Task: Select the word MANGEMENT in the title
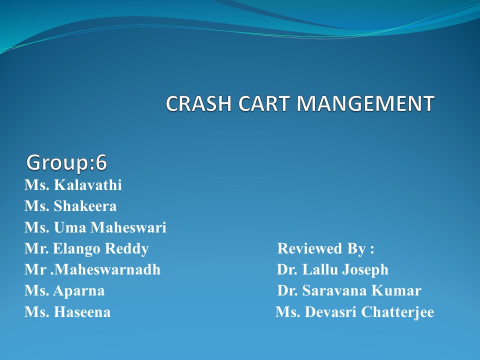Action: tap(365, 103)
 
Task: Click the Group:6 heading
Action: tap(66, 162)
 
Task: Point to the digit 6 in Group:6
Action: tap(101, 162)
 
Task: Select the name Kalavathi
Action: tap(87, 185)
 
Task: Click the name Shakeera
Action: tap(85, 206)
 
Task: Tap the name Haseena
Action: tap(82, 312)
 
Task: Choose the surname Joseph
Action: tap(365, 270)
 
